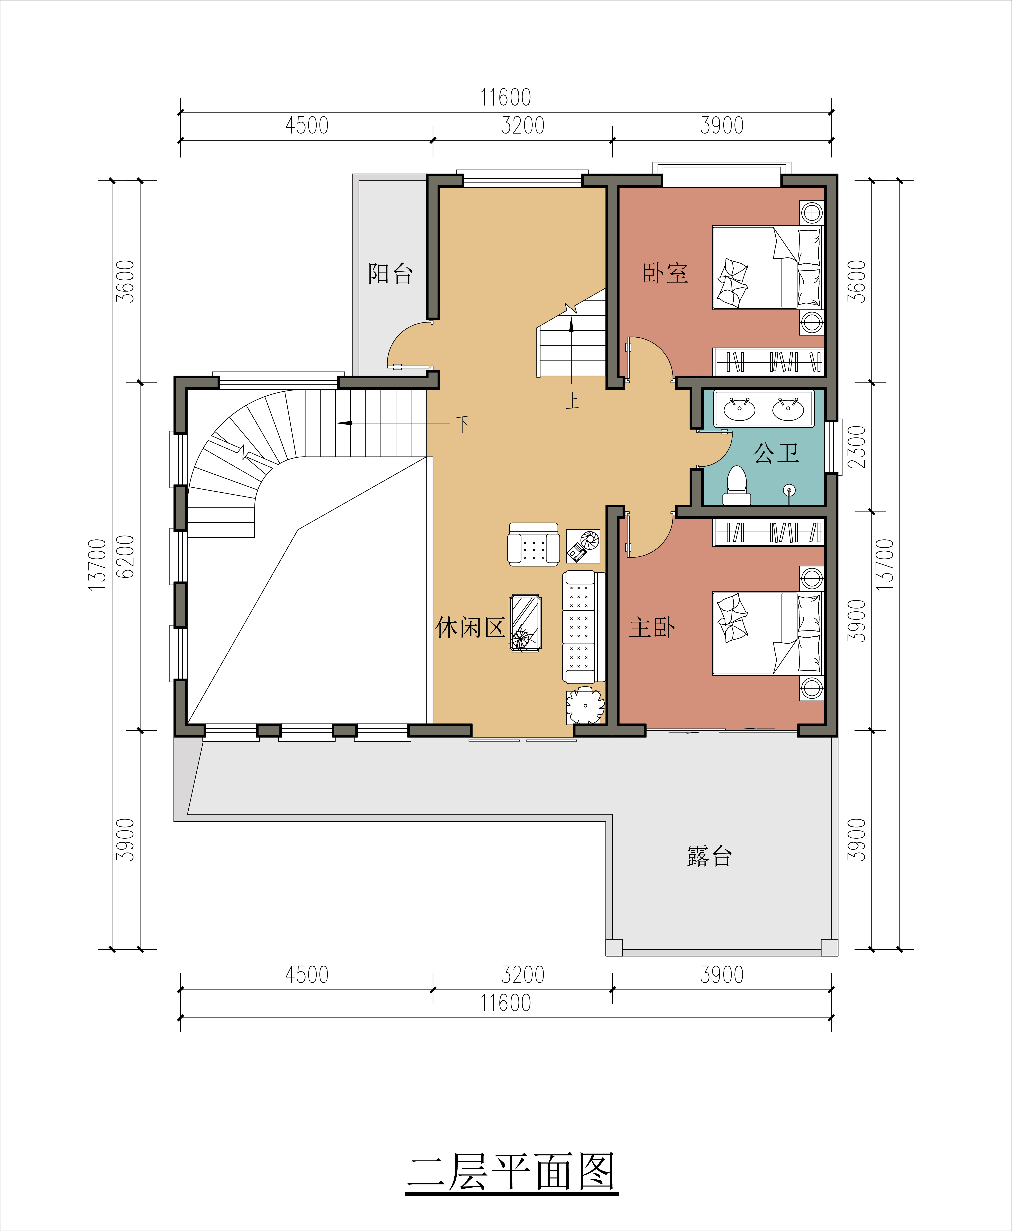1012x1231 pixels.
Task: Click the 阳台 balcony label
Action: pyautogui.click(x=391, y=273)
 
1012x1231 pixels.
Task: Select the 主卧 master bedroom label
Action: pyautogui.click(x=652, y=627)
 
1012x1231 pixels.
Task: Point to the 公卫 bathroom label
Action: pyautogui.click(x=776, y=453)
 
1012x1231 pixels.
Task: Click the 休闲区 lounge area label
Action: pyautogui.click(x=470, y=627)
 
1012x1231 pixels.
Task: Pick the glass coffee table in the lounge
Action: pyautogui.click(x=525, y=623)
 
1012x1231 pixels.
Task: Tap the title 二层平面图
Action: pyautogui.click(x=512, y=1173)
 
